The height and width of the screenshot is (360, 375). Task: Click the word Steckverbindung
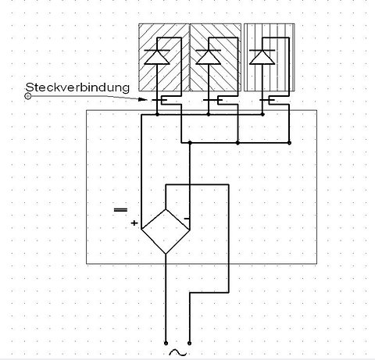77,87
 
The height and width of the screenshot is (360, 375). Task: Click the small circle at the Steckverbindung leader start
28,96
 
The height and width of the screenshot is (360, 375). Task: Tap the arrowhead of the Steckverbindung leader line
142,99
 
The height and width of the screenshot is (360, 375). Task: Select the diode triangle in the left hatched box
157,57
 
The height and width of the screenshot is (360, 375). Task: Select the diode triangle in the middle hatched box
208,57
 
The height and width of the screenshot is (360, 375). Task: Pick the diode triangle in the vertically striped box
262,57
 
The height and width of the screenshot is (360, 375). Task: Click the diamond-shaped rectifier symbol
166,231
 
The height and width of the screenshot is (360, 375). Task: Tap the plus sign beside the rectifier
134,223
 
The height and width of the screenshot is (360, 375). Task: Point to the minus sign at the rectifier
187,219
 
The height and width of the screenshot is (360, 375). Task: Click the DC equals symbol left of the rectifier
120,210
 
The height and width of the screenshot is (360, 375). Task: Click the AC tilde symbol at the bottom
178,353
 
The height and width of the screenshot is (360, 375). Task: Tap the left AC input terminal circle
166,343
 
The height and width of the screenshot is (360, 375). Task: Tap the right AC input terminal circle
190,343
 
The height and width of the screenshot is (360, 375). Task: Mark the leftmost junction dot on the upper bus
157,114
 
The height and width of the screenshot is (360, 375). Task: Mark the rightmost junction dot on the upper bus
262,114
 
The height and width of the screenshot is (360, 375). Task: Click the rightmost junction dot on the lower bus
289,143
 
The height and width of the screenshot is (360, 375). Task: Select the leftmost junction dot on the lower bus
190,142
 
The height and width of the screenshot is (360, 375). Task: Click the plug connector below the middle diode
213,100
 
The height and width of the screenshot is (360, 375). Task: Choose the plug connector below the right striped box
267,100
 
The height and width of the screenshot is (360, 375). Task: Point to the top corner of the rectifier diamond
166,209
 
